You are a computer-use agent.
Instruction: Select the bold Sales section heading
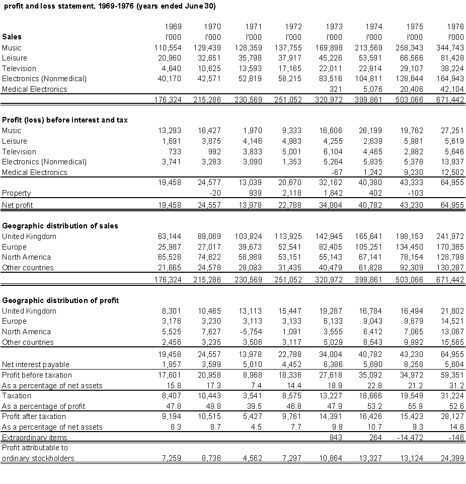tap(12, 37)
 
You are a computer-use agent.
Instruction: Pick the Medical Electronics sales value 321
tap(336, 89)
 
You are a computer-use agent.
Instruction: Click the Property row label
tap(17, 193)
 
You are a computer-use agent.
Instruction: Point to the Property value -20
tap(214, 193)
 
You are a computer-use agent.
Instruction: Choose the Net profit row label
tap(18, 205)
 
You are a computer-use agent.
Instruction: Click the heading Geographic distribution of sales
tap(60, 226)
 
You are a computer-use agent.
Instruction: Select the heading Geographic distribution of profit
tap(60, 300)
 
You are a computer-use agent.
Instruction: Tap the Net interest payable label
tap(36, 365)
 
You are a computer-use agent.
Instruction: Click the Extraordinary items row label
tap(35, 438)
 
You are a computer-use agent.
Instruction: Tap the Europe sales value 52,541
tap(290, 247)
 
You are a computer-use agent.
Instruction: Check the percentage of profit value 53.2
tap(374, 406)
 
